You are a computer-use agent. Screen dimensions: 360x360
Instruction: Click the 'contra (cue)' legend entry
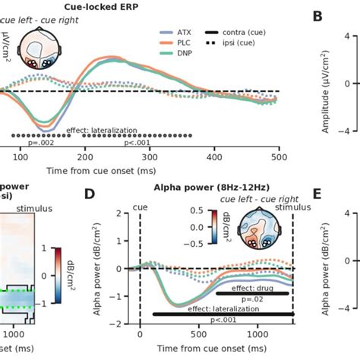[242, 33]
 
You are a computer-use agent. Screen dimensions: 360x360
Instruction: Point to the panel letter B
[317, 16]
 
